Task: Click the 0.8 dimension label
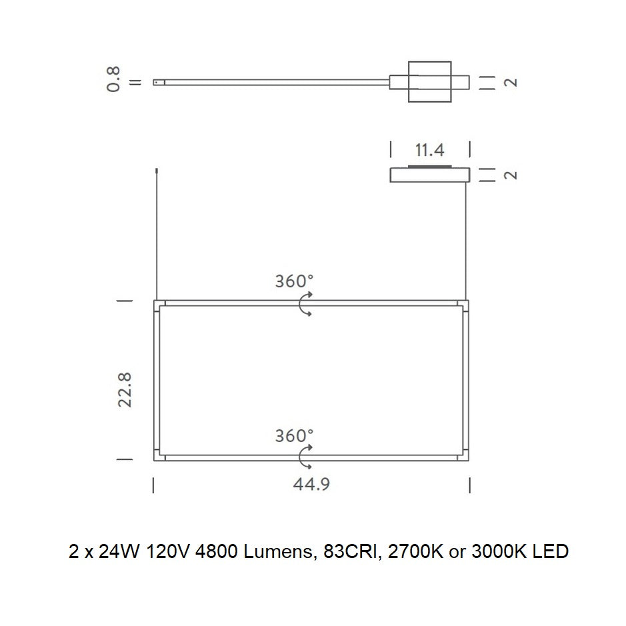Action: [x=113, y=79]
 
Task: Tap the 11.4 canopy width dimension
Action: [x=429, y=150]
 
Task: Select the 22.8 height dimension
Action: [x=125, y=389]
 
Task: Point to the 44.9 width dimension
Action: [x=311, y=484]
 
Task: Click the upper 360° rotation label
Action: [x=294, y=281]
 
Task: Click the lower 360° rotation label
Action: [x=294, y=435]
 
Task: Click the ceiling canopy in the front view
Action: [x=429, y=175]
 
